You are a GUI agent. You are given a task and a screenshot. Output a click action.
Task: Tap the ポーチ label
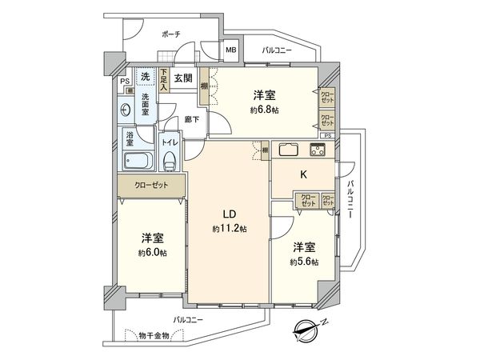(170, 34)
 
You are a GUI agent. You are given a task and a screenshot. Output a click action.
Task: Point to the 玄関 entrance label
(182, 78)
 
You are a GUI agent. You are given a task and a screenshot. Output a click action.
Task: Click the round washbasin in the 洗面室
(126, 110)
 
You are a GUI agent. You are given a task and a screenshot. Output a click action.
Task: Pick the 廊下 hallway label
(192, 119)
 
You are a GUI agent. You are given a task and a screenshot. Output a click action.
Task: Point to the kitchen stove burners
(318, 150)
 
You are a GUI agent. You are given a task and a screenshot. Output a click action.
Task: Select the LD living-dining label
(228, 214)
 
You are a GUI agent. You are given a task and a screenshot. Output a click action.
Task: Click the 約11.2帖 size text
(230, 229)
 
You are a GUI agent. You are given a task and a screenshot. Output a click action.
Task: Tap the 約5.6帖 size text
(304, 262)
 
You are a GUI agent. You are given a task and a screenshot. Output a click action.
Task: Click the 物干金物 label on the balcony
(153, 335)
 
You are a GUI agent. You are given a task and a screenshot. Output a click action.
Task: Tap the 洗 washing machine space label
(145, 76)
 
